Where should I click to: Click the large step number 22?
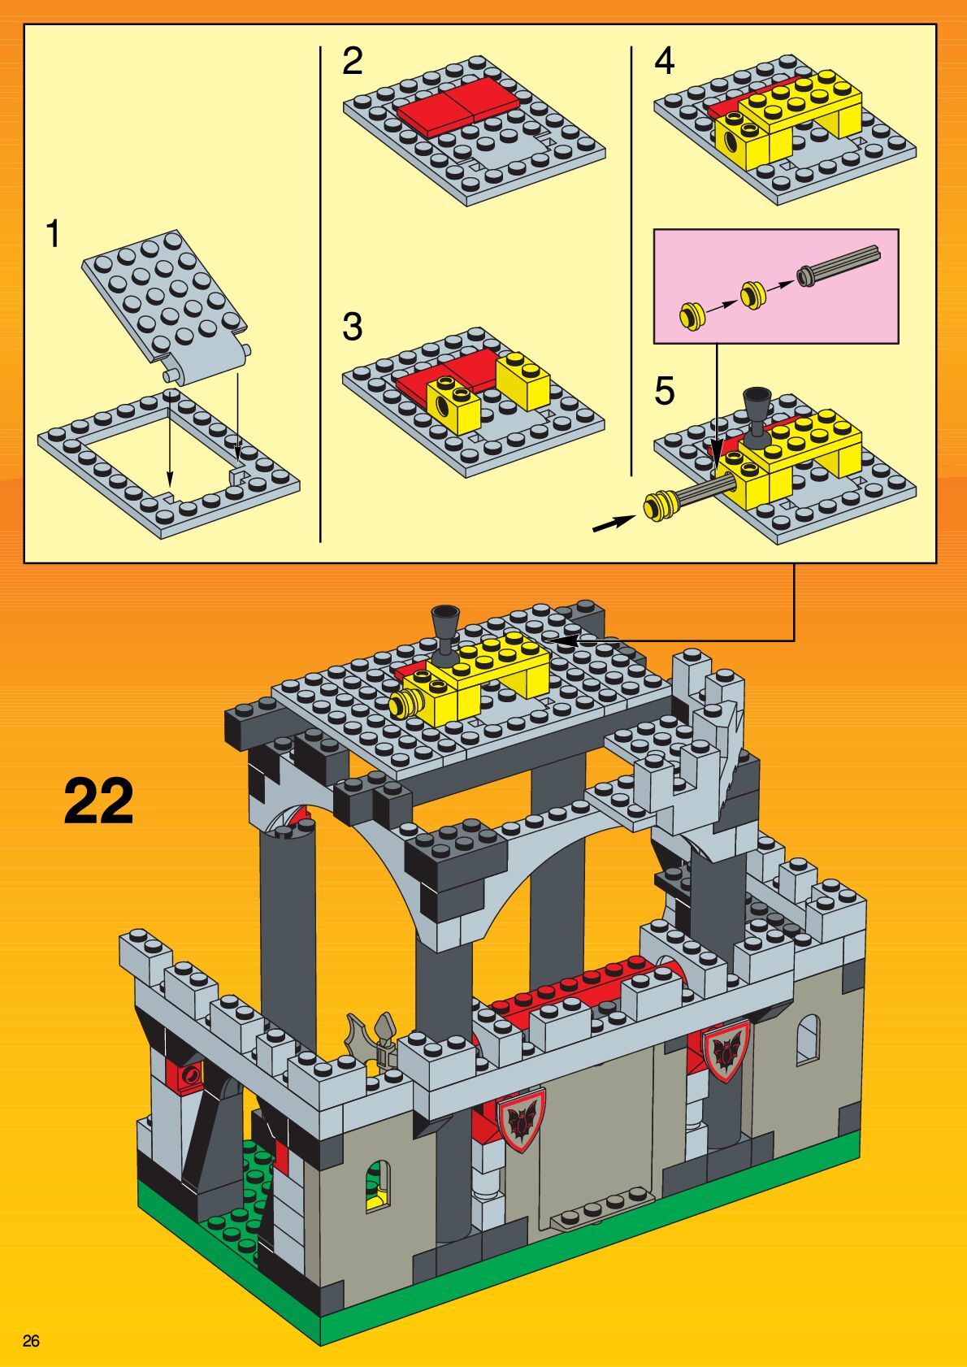98,801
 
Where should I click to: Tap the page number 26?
31,1340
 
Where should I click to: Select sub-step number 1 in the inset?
53,234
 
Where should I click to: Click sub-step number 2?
352,62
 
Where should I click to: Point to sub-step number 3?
352,327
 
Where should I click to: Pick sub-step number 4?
664,62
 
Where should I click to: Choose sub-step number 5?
664,391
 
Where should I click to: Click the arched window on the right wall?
807,1039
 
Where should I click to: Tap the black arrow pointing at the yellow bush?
614,523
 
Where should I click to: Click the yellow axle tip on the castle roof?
402,704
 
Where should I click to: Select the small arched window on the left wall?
377,1187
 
